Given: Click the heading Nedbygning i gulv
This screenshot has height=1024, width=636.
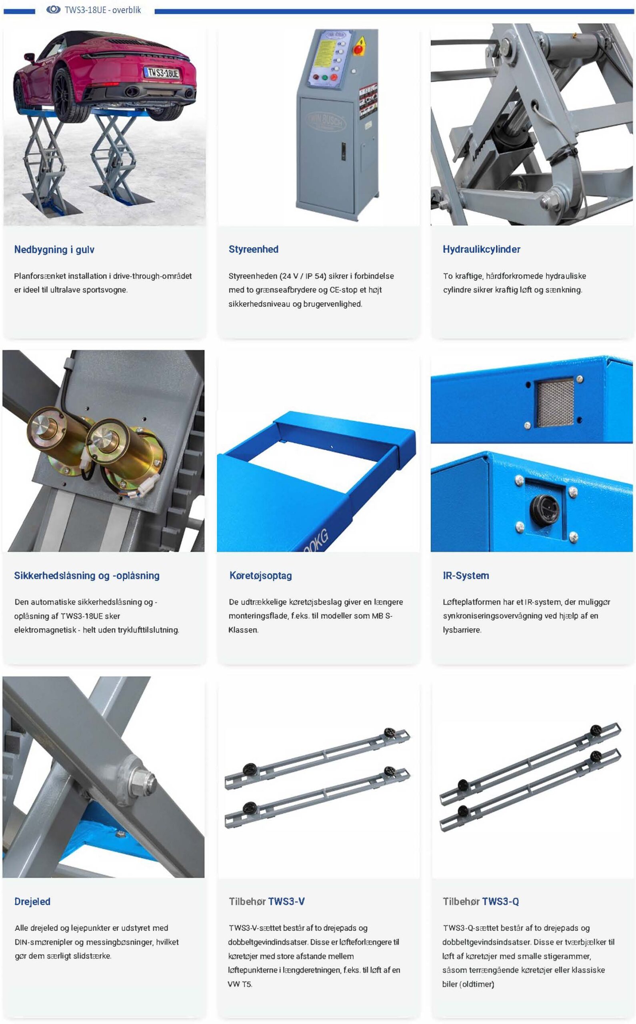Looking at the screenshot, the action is coord(54,249).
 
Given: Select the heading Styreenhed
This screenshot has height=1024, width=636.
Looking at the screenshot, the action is coord(253,249).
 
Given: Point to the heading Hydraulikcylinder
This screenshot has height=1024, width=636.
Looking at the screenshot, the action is coord(481,249).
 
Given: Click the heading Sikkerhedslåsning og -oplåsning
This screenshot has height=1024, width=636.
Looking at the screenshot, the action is coord(87,575).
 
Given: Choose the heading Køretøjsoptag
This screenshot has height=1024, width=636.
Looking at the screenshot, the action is coord(260,575).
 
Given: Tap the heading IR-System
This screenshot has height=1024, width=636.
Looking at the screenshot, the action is coord(466,575).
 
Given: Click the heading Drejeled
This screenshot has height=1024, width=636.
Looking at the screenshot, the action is coord(32,901).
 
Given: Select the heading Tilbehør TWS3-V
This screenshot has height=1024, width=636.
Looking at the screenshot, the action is coord(267,901).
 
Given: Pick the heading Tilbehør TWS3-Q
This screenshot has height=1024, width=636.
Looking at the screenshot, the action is coord(481,901).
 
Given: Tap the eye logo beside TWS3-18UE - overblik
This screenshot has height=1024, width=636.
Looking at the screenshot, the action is coord(54,10).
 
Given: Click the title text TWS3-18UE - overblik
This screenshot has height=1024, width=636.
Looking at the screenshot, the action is coord(103,10).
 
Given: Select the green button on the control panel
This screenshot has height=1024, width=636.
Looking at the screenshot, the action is coord(324,77).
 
